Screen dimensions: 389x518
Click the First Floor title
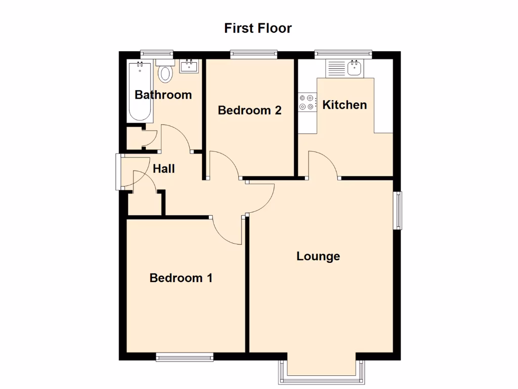click(258, 28)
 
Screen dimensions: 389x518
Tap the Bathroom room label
click(163, 95)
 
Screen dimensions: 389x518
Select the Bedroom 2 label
click(249, 110)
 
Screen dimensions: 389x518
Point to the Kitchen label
click(344, 105)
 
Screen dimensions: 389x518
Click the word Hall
click(164, 169)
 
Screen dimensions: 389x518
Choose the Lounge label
click(318, 256)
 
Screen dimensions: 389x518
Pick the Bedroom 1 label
click(181, 278)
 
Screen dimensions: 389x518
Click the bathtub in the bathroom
click(140, 91)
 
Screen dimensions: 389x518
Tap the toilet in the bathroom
click(165, 73)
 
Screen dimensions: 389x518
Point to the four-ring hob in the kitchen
click(307, 102)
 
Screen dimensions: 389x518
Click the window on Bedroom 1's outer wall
click(185, 358)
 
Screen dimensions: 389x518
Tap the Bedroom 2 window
click(253, 54)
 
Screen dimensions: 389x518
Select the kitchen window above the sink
click(343, 54)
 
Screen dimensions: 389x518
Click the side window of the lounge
click(399, 210)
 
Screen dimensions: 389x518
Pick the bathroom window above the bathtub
click(157, 54)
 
